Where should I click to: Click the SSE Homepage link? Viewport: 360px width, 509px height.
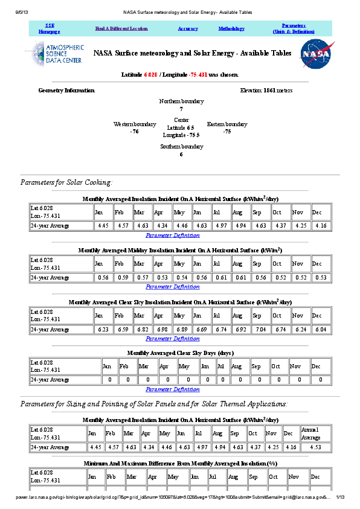(50, 28)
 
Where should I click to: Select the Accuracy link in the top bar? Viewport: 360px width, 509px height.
(188, 28)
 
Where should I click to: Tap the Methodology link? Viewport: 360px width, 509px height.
(231, 28)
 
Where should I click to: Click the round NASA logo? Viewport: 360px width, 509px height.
(315, 54)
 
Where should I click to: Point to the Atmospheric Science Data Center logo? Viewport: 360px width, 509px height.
(55, 54)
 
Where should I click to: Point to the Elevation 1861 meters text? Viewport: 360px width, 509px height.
(266, 91)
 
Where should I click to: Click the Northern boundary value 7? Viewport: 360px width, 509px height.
(181, 109)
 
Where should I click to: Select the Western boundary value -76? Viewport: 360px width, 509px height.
(135, 131)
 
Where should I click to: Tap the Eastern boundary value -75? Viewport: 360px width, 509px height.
(227, 131)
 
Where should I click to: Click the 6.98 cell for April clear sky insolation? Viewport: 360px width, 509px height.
(162, 330)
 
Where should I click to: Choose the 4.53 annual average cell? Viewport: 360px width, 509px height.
(315, 447)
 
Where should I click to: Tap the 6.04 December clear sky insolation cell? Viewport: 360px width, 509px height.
(321, 330)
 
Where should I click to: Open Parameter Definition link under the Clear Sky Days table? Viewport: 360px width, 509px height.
(173, 389)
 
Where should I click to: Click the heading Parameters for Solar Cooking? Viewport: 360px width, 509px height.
(66, 182)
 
